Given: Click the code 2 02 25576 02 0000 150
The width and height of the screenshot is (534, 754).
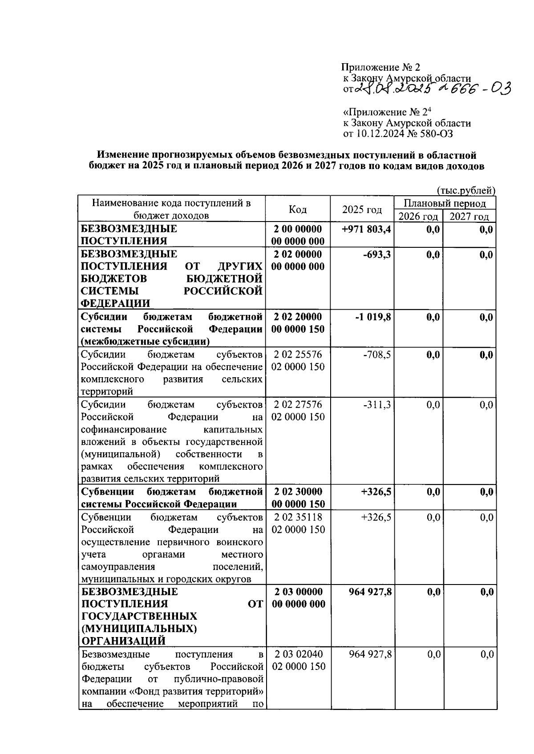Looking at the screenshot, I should [x=298, y=361].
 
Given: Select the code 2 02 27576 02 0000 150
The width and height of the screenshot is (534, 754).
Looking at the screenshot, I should [x=298, y=411].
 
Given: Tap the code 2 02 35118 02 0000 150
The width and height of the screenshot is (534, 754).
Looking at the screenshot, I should [x=298, y=523].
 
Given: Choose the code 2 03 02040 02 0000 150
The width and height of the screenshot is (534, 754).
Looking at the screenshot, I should [x=298, y=660].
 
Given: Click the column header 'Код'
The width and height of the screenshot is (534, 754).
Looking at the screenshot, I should [x=297, y=210].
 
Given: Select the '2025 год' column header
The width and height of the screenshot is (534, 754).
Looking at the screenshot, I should [x=362, y=210].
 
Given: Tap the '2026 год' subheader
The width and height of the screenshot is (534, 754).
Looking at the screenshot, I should [x=418, y=217].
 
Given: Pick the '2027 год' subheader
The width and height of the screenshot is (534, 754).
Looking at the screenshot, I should [x=469, y=217].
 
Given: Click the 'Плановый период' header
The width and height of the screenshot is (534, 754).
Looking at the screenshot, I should [x=445, y=204].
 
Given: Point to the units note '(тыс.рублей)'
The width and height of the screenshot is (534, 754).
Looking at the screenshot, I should [x=466, y=191].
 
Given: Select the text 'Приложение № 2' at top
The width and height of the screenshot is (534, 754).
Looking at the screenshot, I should [x=380, y=68].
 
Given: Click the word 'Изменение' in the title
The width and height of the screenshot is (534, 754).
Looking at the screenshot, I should [x=122, y=155].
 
